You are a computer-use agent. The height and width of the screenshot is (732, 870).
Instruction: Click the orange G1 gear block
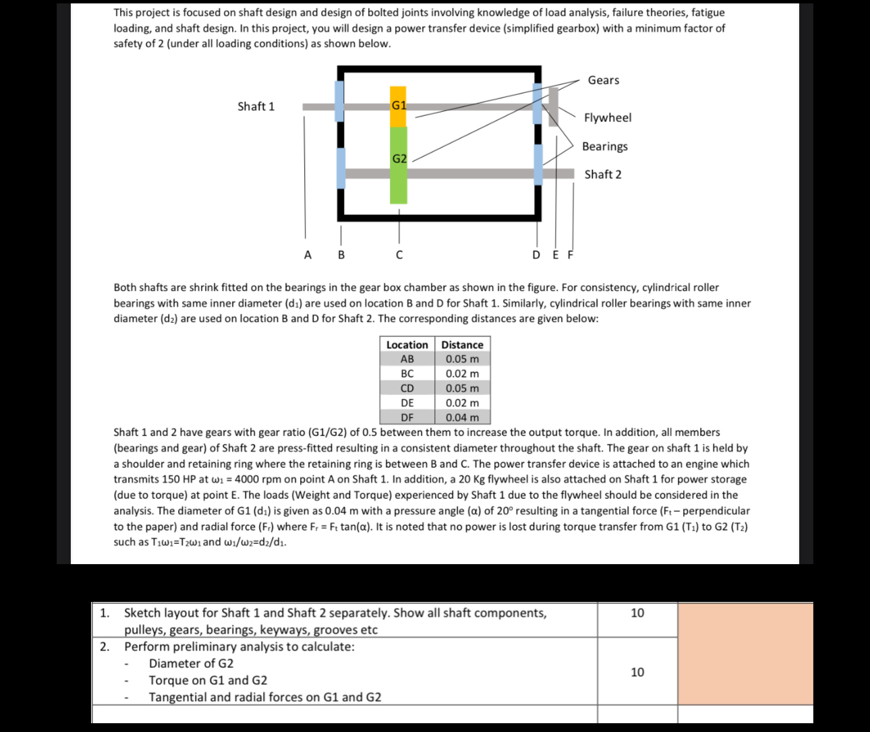399,106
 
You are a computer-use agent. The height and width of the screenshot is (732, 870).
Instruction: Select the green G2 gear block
399,165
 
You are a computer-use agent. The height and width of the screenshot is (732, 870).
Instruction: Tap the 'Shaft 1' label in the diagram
256,106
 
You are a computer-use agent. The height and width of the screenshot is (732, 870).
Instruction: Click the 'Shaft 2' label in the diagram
603,175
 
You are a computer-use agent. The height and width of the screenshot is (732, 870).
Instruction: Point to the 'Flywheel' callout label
608,118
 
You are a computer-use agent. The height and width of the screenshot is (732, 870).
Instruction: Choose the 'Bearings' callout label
604,146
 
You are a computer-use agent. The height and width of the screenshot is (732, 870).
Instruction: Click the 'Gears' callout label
603,80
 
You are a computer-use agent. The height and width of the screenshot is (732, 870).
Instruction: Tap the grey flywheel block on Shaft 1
554,107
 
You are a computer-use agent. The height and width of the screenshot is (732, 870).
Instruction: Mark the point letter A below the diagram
308,255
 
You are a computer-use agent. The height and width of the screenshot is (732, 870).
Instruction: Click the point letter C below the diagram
399,255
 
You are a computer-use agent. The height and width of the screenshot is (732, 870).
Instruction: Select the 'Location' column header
407,344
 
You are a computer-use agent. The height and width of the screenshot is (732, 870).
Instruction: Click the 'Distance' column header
462,344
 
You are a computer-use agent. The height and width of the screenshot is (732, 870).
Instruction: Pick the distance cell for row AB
462,359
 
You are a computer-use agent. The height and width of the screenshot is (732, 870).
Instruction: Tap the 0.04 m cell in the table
462,417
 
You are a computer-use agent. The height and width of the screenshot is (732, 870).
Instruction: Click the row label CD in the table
407,388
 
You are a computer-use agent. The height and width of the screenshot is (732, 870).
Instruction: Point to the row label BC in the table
407,373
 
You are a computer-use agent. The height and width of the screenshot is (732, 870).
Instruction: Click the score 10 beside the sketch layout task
637,613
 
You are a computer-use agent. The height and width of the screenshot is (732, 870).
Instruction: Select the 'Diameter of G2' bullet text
192,663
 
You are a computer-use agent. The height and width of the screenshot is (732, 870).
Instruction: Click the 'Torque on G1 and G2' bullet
208,680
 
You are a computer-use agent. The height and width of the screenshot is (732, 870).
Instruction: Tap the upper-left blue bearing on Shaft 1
339,101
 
